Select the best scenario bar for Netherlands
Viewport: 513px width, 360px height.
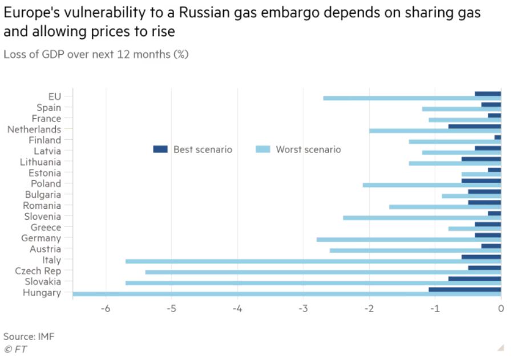click(474, 126)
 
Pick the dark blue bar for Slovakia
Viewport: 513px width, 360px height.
click(474, 278)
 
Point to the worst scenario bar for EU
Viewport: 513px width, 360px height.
click(411, 98)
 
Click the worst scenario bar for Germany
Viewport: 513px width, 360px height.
click(408, 240)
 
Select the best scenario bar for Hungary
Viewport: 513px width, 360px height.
click(464, 289)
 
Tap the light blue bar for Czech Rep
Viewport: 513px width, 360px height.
click(322, 272)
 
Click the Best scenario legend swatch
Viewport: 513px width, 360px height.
click(160, 149)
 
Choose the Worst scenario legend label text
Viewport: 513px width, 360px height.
click(308, 149)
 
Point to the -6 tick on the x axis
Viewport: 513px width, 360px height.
click(106, 309)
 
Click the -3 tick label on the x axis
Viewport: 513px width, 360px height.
click(303, 309)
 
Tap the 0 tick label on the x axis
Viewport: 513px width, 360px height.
click(500, 309)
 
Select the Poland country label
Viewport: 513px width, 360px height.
click(46, 184)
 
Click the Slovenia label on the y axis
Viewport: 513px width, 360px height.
click(42, 216)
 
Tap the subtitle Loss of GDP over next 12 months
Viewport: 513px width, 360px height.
click(96, 55)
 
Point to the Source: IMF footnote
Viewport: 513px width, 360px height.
click(29, 336)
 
